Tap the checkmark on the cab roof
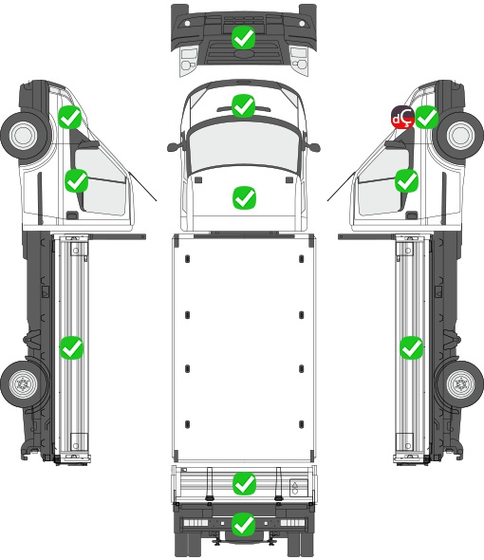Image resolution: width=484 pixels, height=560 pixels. tap(243, 105)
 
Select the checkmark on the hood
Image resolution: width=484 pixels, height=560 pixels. tap(244, 197)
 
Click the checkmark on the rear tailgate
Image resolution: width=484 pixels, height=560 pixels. tap(244, 484)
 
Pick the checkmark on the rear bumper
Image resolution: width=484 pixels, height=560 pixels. tap(244, 524)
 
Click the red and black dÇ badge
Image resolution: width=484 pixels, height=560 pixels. tap(403, 117)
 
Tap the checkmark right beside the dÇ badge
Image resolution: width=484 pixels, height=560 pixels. tap(427, 117)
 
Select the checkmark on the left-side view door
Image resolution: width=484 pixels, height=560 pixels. tap(76, 180)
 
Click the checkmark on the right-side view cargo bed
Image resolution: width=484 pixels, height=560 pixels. tap(412, 347)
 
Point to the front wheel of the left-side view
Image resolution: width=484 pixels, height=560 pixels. tap(24, 136)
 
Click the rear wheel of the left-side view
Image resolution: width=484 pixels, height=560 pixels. tap(23, 383)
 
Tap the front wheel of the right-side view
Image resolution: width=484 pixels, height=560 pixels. tap(460, 136)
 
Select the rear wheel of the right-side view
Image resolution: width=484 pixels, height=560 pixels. tap(461, 383)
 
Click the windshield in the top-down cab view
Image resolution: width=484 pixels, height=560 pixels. tap(243, 144)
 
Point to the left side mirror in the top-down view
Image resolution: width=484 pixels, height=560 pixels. tap(174, 147)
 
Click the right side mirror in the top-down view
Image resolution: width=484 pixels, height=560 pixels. tap(313, 147)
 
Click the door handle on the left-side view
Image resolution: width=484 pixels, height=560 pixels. tap(72, 215)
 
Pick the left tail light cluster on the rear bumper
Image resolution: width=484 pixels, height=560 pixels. tap(195, 523)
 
